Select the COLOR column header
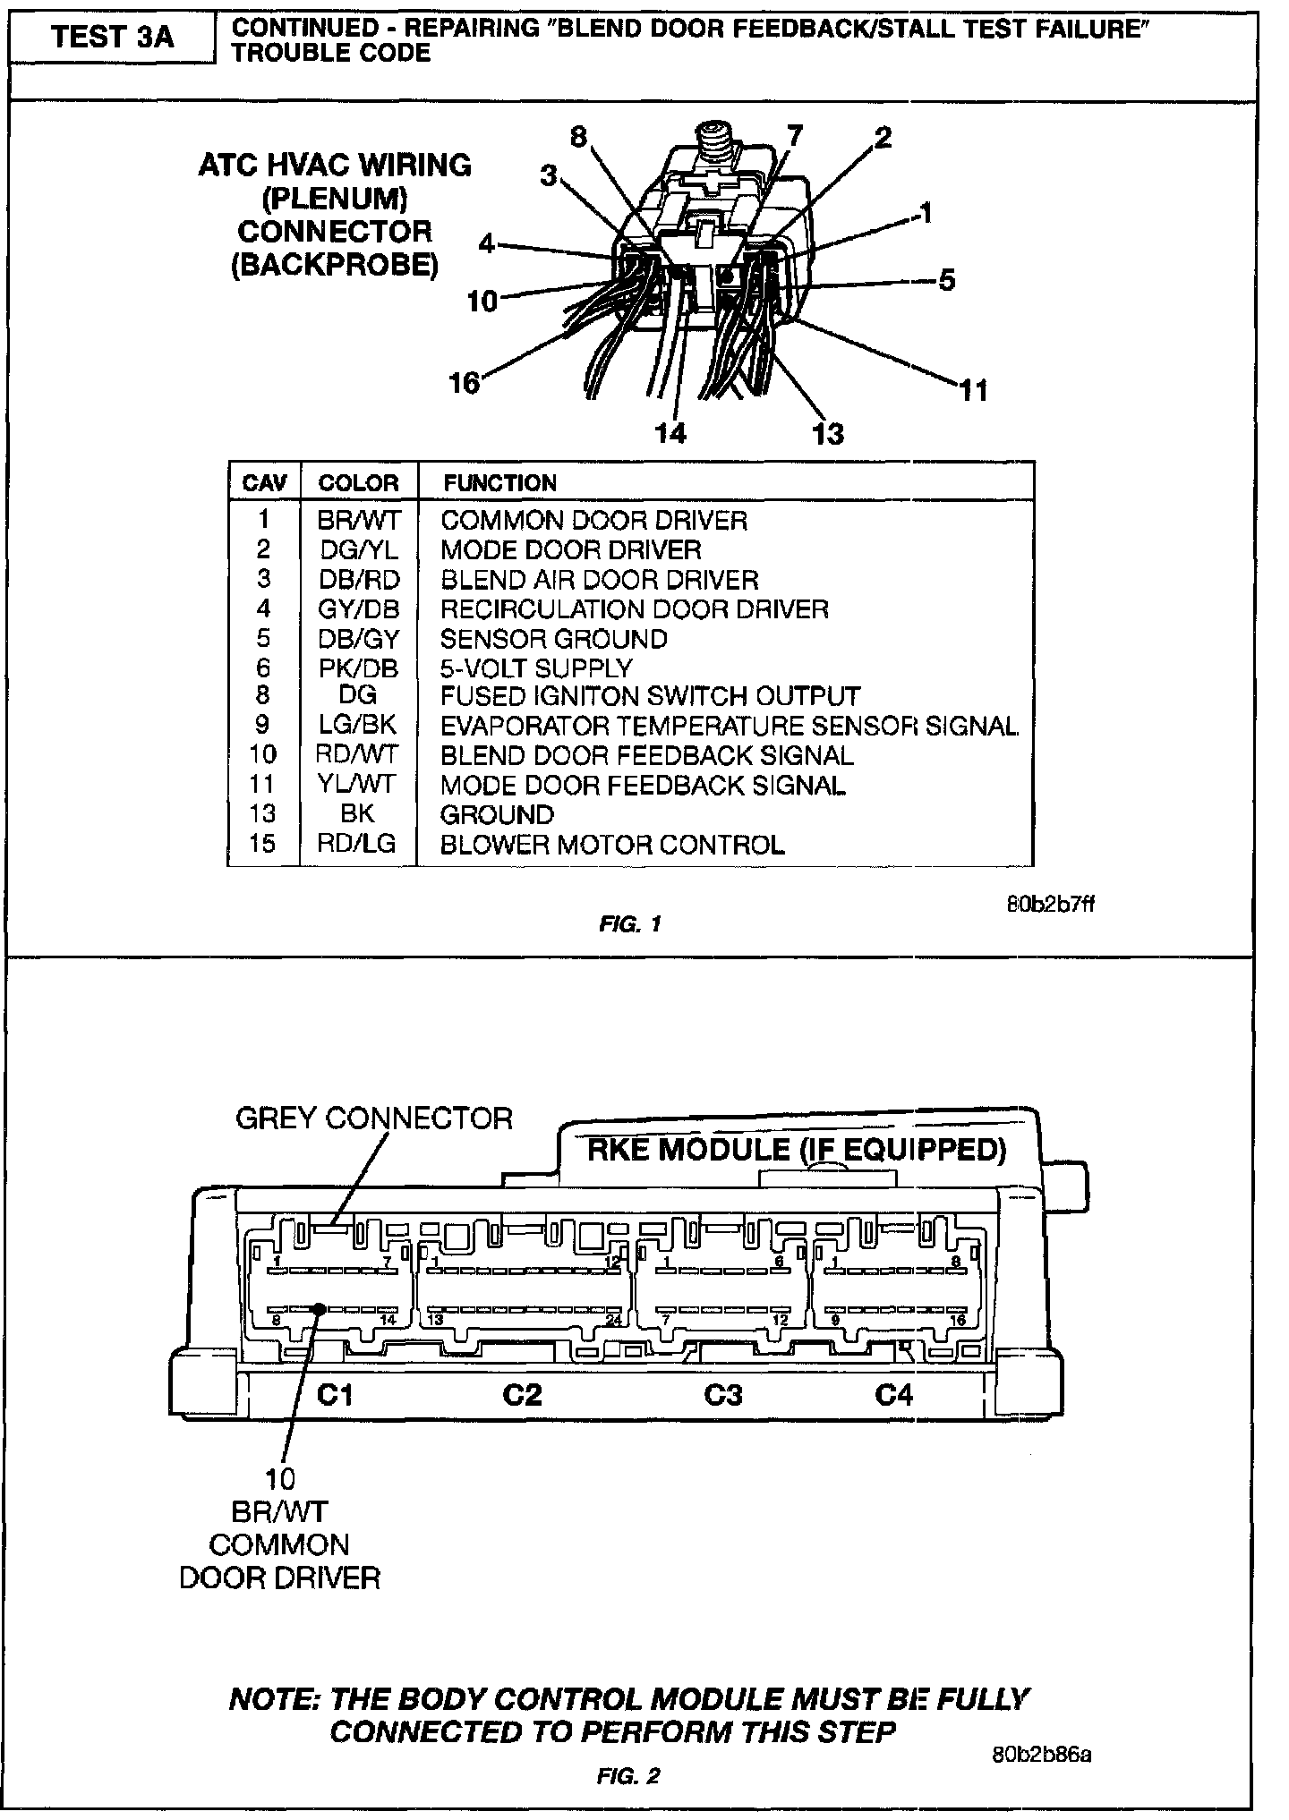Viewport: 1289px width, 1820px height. (x=358, y=483)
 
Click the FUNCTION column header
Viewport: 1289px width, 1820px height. (x=499, y=483)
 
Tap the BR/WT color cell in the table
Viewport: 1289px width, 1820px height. (x=358, y=520)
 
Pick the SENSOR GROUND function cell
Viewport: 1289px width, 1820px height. (x=553, y=639)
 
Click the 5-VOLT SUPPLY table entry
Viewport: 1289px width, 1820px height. (x=535, y=668)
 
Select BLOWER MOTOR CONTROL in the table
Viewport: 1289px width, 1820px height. (x=612, y=845)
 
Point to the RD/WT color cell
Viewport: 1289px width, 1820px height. (x=357, y=755)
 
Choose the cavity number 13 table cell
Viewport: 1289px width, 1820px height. (x=262, y=814)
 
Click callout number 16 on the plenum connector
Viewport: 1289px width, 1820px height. (x=465, y=383)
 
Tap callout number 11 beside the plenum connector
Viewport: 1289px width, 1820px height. (x=973, y=390)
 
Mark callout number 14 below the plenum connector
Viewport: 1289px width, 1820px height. (x=670, y=433)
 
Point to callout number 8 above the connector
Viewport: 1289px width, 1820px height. (x=579, y=137)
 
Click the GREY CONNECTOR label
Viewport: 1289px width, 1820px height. (x=374, y=1118)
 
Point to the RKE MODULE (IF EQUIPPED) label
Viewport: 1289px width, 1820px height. (x=797, y=1149)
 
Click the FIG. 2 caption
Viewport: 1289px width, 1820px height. (x=628, y=1776)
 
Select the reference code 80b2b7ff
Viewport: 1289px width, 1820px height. (x=1049, y=903)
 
